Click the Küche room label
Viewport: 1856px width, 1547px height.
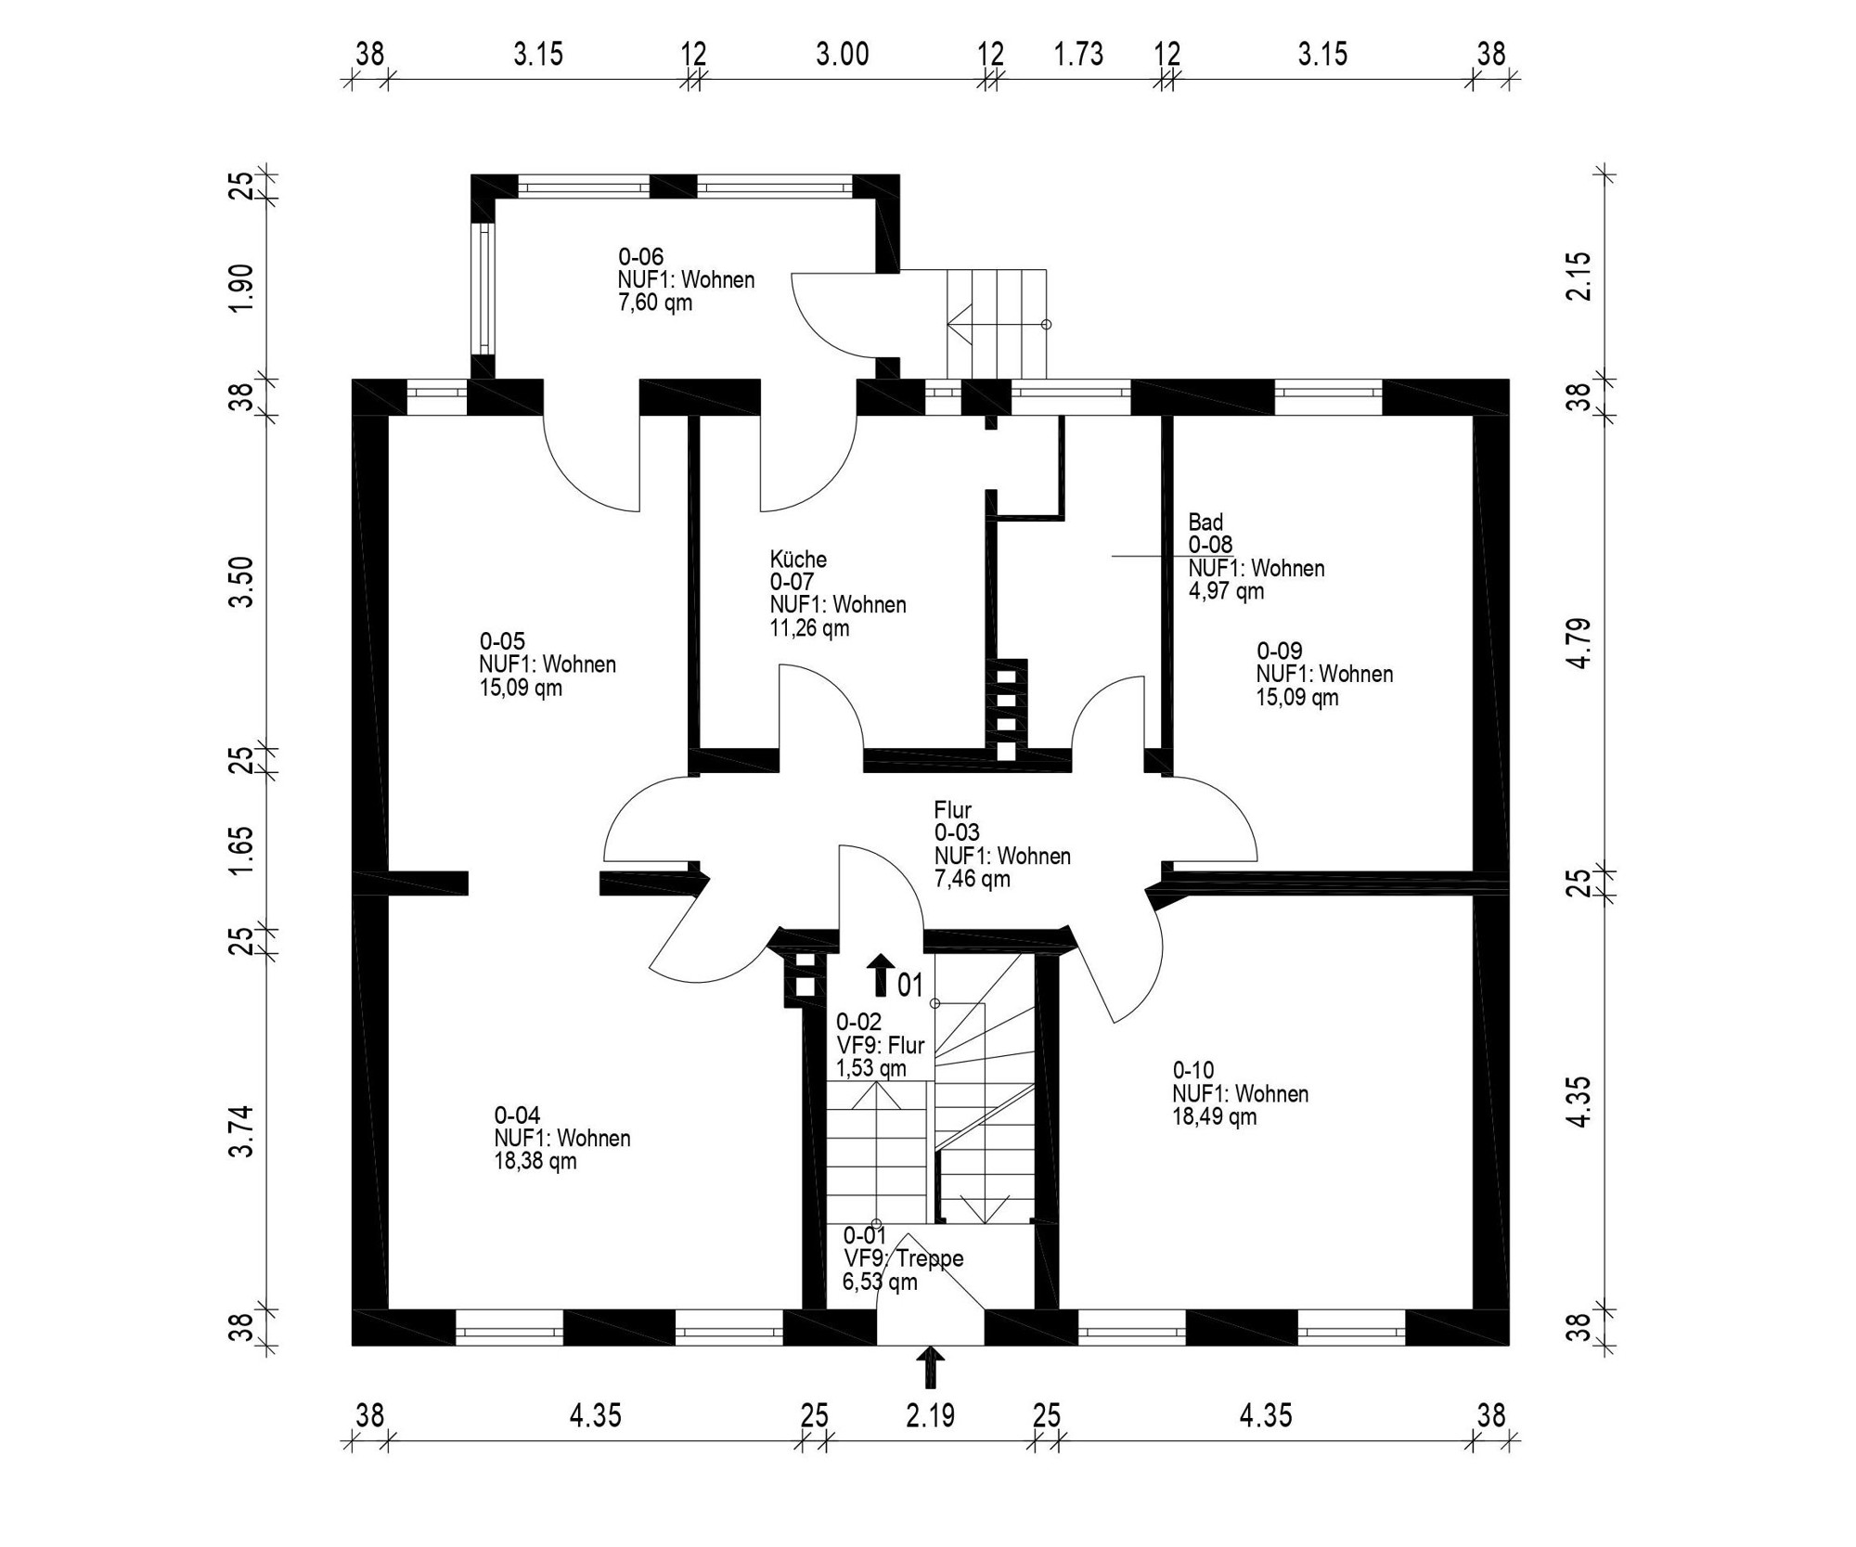coord(797,560)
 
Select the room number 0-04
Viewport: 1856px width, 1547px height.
coord(517,1115)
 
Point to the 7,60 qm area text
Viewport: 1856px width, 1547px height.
coord(655,303)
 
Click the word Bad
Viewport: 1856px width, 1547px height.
coord(1205,522)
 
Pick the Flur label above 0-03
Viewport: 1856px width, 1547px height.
coord(952,810)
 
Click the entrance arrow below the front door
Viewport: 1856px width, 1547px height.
coord(930,1367)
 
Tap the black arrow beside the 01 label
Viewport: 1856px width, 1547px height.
coord(880,975)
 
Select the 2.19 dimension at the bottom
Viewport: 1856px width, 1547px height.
coord(930,1416)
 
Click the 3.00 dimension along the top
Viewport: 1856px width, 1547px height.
coord(842,55)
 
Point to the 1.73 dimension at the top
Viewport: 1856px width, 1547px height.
coord(1078,55)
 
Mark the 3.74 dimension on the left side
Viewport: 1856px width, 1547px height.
coord(241,1131)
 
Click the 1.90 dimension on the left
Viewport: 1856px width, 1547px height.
coord(241,288)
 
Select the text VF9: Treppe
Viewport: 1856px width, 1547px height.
coord(903,1259)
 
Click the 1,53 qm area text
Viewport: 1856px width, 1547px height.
coord(870,1068)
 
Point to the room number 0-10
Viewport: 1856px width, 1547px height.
coord(1192,1070)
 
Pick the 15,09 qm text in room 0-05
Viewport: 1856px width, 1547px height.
coord(520,688)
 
